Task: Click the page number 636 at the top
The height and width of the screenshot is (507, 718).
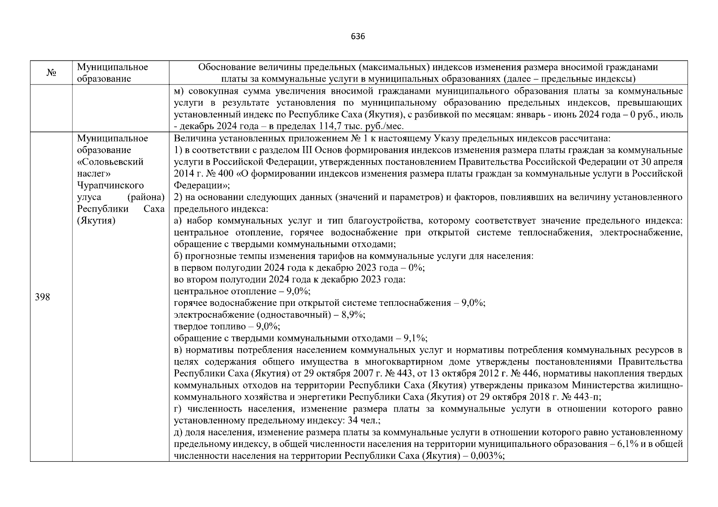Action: click(358, 36)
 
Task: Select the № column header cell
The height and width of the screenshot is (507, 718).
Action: click(51, 73)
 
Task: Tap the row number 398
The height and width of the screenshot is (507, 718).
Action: click(42, 297)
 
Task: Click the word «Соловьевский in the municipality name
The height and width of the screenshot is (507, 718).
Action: click(110, 162)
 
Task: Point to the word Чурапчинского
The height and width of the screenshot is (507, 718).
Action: click(110, 185)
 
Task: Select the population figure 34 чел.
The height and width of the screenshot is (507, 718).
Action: click(362, 421)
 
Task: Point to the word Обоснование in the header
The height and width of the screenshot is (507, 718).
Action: click(226, 67)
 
